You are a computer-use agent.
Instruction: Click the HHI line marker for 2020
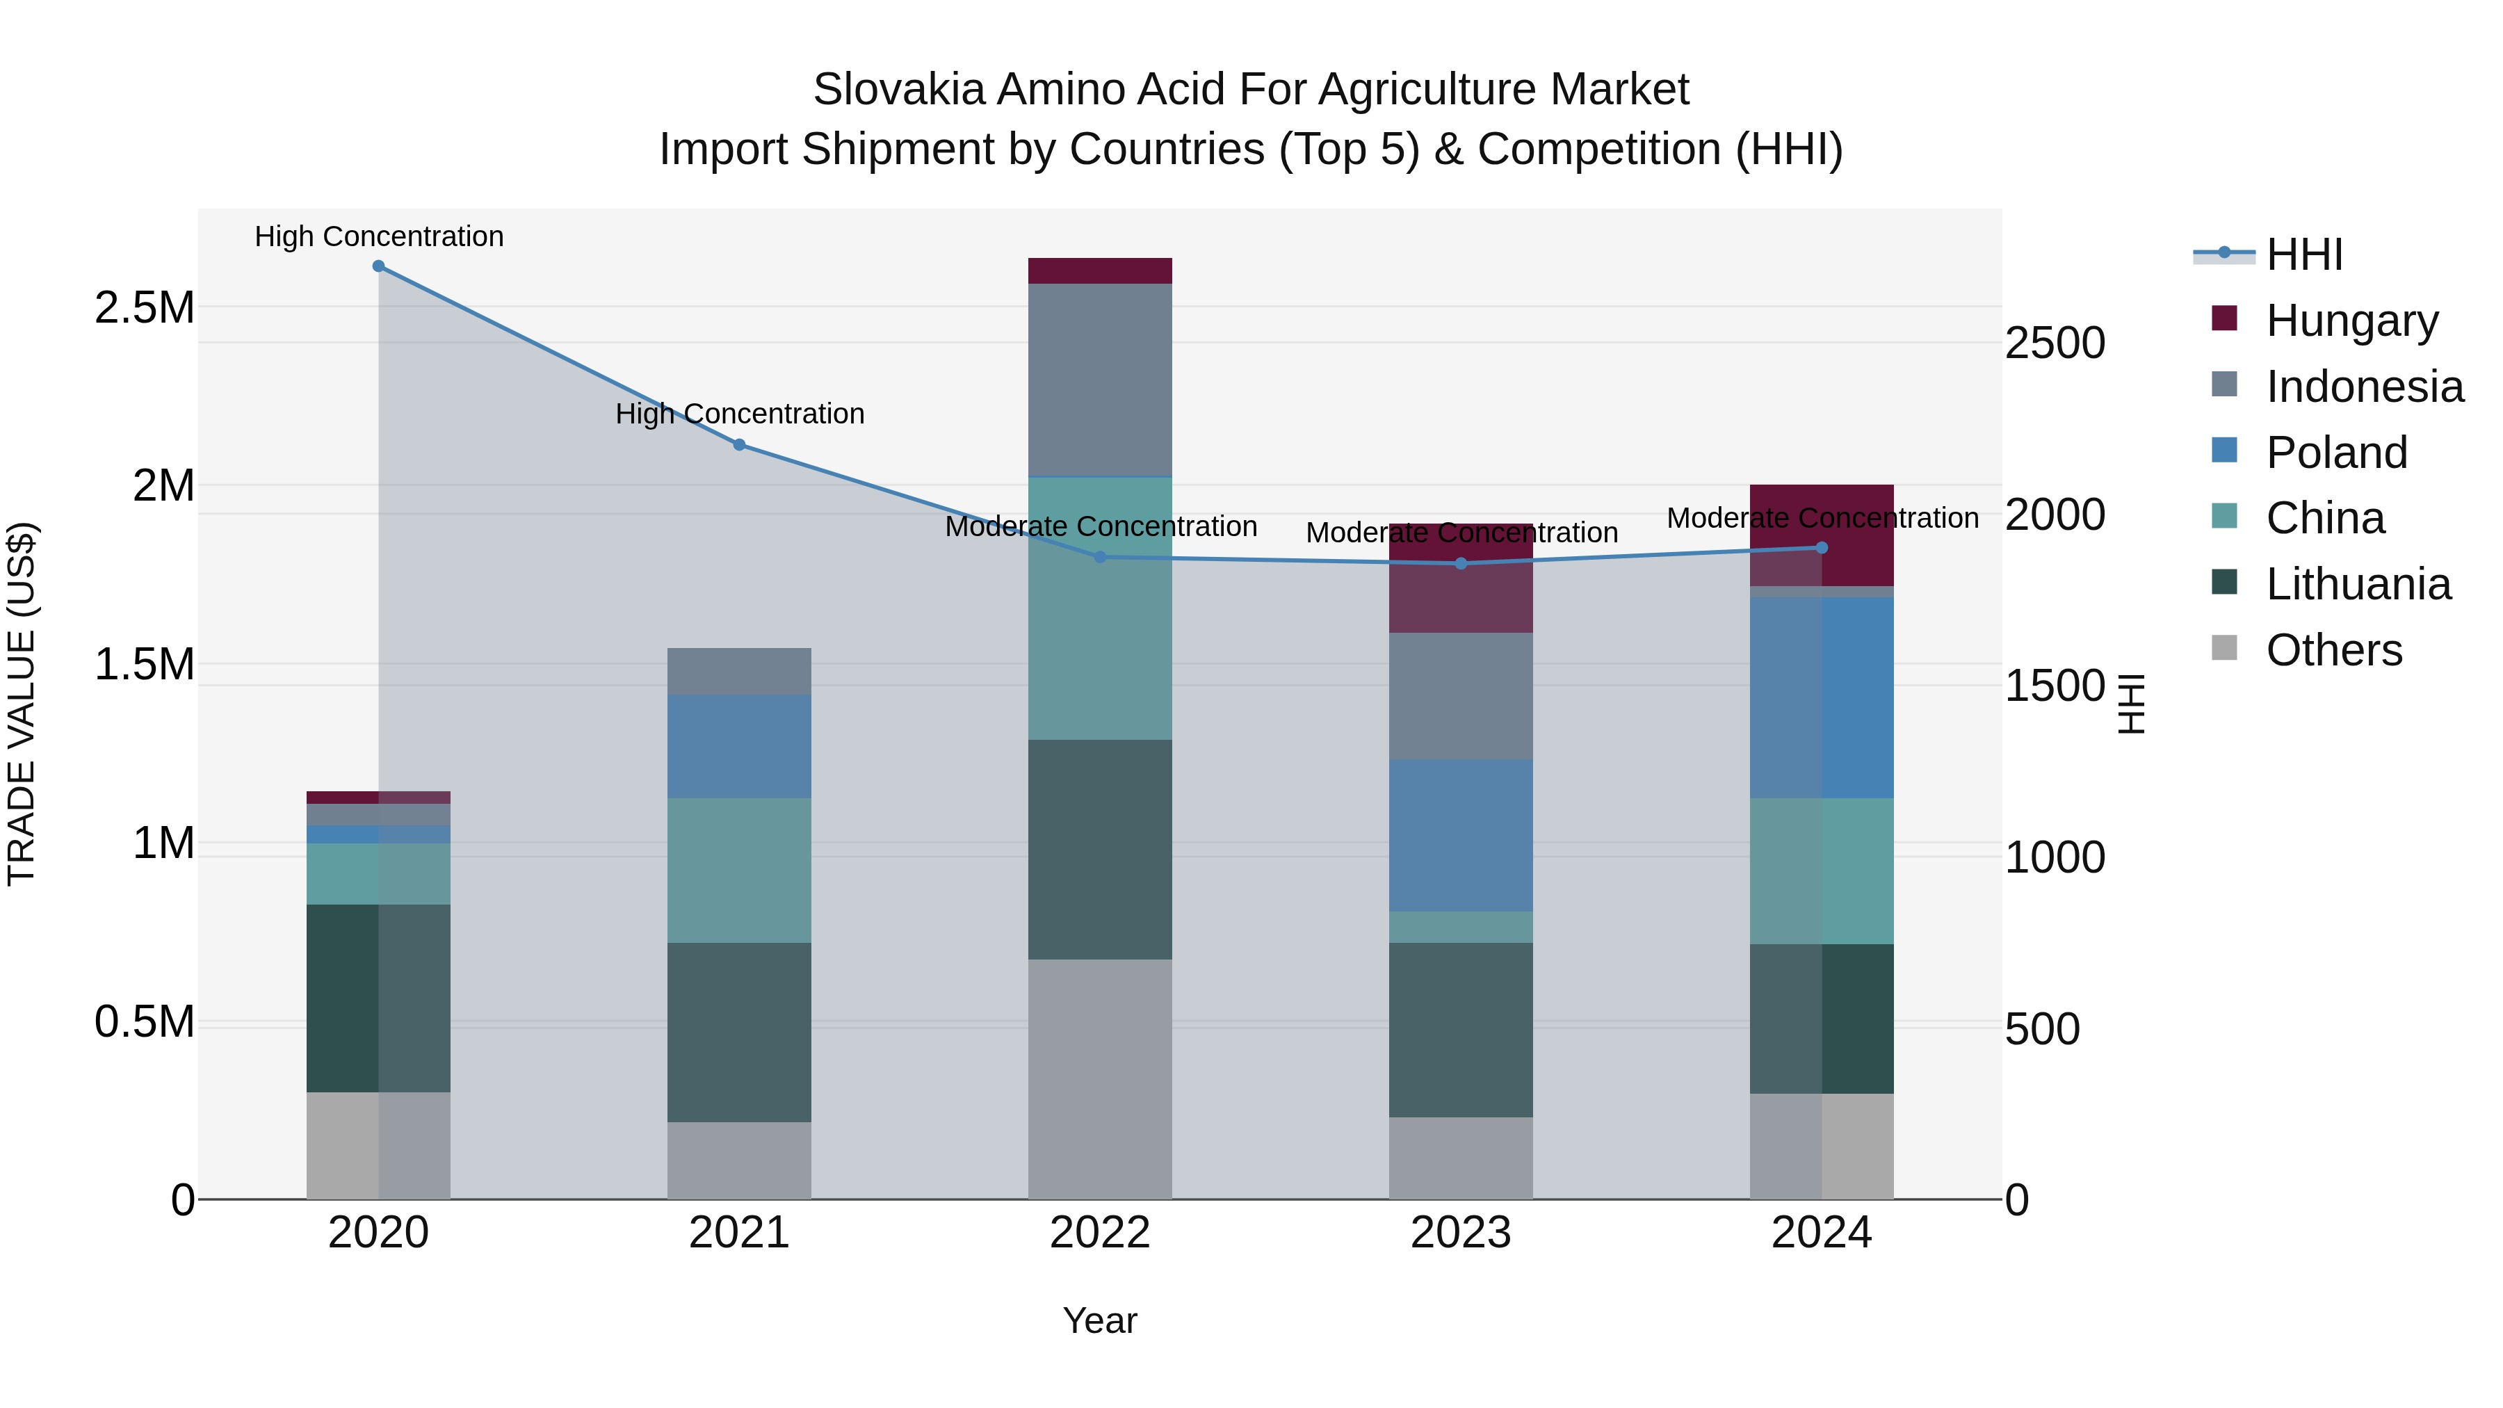click(379, 266)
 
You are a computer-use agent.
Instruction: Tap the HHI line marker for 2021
click(740, 445)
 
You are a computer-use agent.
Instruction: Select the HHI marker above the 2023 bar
click(1461, 564)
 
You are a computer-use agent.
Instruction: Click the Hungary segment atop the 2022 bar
click(1100, 271)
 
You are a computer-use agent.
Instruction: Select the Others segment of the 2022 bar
click(1100, 1078)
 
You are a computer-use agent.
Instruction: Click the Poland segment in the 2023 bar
click(1461, 836)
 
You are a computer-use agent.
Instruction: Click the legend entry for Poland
click(2336, 453)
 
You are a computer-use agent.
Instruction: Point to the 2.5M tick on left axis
click(144, 308)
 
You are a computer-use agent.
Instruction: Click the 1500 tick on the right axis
click(2055, 687)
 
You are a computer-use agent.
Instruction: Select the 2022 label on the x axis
click(1100, 1233)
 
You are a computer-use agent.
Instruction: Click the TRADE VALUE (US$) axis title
click(22, 704)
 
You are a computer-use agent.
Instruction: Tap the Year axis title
click(1100, 1320)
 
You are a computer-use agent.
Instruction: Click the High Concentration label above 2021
click(740, 414)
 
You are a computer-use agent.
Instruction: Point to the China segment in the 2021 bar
click(740, 870)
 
